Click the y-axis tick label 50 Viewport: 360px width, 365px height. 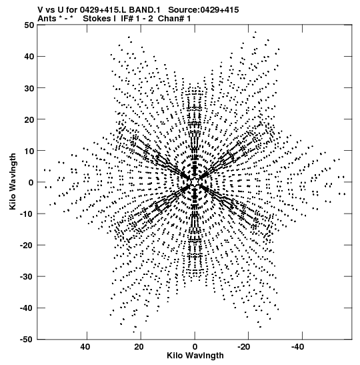pos(29,25)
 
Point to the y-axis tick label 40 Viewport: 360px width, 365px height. pos(29,56)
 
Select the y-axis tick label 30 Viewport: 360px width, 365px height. pos(29,88)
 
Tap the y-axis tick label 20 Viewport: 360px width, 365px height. pos(29,119)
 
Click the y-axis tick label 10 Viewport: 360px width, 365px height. pos(29,151)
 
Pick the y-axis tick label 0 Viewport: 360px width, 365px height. pos(31,182)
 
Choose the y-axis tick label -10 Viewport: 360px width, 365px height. pos(27,214)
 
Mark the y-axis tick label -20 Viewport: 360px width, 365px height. pos(27,245)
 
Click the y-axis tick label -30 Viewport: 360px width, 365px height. pos(27,276)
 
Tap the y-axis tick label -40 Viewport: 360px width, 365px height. pos(27,308)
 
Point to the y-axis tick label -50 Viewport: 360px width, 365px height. pos(27,340)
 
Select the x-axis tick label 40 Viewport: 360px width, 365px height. pos(85,347)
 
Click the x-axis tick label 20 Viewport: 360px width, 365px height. pos(139,347)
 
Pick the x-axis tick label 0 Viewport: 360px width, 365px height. pos(195,347)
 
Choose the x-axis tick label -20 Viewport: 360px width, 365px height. pos(244,347)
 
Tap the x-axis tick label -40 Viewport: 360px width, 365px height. pos(298,347)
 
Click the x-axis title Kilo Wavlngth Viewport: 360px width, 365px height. pos(195,356)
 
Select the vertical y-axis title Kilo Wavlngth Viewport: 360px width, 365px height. pos(13,181)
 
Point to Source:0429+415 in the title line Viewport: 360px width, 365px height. pos(203,10)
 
